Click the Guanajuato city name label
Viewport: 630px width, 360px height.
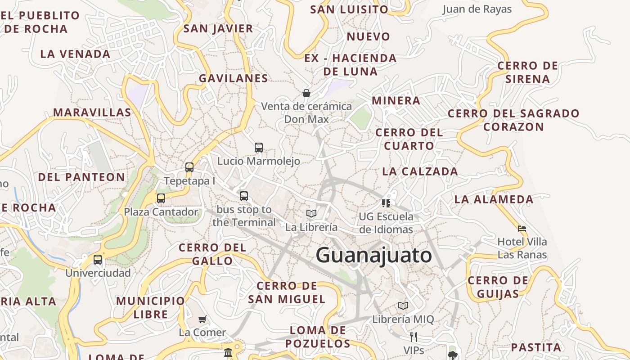pyautogui.click(x=374, y=256)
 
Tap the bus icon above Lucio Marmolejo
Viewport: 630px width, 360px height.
pyautogui.click(x=259, y=147)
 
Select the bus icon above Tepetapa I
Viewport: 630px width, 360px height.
pyautogui.click(x=189, y=167)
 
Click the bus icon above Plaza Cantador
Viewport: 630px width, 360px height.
pyautogui.click(x=161, y=198)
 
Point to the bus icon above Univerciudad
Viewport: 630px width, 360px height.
pyautogui.click(x=98, y=259)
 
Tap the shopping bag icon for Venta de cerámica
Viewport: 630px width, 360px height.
pyautogui.click(x=306, y=93)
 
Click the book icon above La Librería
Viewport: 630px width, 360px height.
pyautogui.click(x=311, y=213)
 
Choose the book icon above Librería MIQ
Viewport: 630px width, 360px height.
pyautogui.click(x=403, y=306)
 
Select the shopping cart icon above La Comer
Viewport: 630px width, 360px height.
pyautogui.click(x=202, y=319)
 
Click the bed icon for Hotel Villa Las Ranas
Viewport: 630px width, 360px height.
pyautogui.click(x=522, y=229)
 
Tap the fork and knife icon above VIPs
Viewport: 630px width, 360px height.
pyautogui.click(x=413, y=337)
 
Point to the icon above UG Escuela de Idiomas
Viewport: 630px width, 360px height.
pyautogui.click(x=386, y=203)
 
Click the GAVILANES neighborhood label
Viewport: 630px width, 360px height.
pyautogui.click(x=234, y=78)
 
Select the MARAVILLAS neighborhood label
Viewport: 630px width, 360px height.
pyautogui.click(x=92, y=112)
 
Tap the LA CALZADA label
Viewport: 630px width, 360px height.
pyautogui.click(x=420, y=171)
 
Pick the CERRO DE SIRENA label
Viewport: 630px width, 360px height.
pyautogui.click(x=527, y=72)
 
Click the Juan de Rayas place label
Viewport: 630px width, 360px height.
pyautogui.click(x=477, y=9)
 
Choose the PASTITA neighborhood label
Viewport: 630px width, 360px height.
pyautogui.click(x=536, y=347)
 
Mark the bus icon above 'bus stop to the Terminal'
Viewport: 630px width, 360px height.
pyautogui.click(x=244, y=196)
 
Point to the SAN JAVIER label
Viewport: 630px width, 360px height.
pyautogui.click(x=218, y=29)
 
